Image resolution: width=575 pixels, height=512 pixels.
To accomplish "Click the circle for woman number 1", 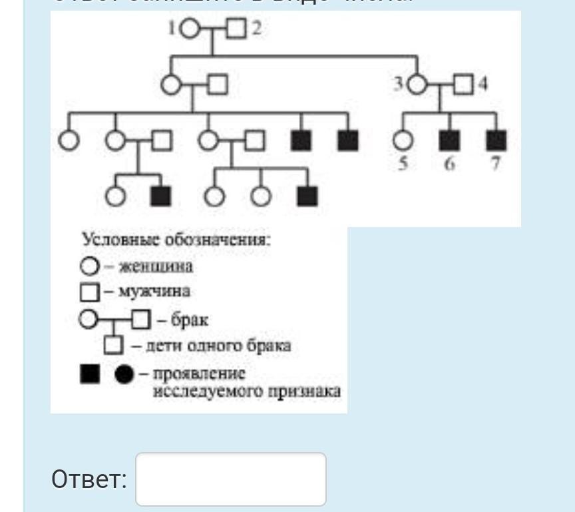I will click(x=190, y=29).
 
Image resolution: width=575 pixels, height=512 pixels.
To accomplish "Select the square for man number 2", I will click(x=236, y=29).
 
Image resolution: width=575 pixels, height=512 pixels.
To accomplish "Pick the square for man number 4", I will click(x=463, y=85).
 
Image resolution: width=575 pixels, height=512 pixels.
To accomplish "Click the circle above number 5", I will click(x=403, y=140).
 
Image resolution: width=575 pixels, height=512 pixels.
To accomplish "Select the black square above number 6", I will click(x=449, y=140).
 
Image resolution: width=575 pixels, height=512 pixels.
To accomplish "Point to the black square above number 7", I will click(x=496, y=140).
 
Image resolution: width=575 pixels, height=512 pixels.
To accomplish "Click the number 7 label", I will click(x=496, y=164).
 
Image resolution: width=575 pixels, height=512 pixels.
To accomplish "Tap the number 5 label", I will click(x=403, y=164).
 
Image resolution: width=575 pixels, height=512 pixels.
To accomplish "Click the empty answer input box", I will click(x=230, y=479).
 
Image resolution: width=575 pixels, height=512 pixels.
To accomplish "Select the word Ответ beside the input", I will click(x=89, y=480).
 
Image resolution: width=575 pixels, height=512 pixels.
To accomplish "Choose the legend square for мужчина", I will click(x=89, y=292).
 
